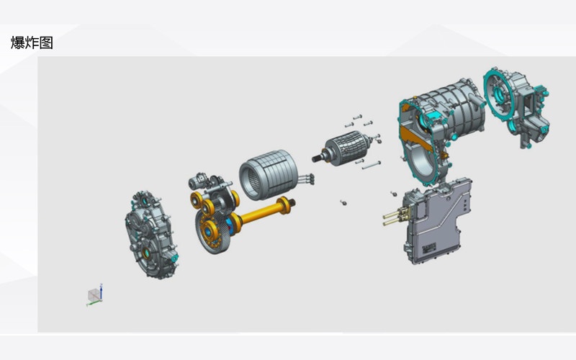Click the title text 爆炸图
click(x=32, y=42)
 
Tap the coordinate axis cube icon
click(x=94, y=294)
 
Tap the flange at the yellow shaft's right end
click(x=285, y=205)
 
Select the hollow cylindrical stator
click(x=268, y=174)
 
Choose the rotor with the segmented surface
click(x=347, y=148)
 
